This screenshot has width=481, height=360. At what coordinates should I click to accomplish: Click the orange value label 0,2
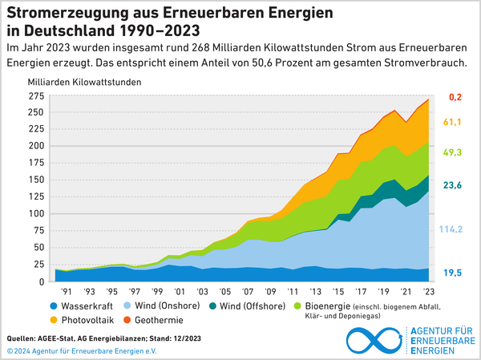pyautogui.click(x=455, y=97)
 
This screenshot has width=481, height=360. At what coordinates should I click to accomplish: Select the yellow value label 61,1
pyautogui.click(x=453, y=123)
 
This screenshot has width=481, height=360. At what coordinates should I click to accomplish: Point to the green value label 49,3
pyautogui.click(x=453, y=152)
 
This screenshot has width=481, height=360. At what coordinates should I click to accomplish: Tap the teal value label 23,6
pyautogui.click(x=453, y=186)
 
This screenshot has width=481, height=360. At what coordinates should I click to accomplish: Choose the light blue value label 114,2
pyautogui.click(x=452, y=229)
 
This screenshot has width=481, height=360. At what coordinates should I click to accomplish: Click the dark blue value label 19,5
pyautogui.click(x=453, y=273)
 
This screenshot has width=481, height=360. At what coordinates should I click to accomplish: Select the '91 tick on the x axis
pyautogui.click(x=67, y=292)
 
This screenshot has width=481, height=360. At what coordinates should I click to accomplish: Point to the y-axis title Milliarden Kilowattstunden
pyautogui.click(x=85, y=83)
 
